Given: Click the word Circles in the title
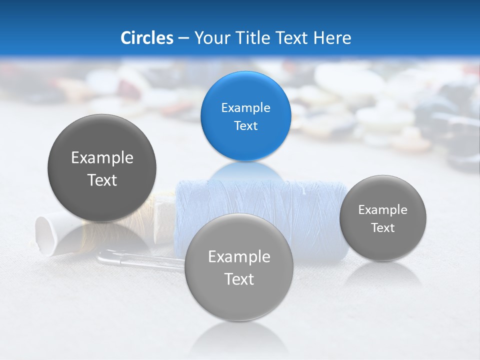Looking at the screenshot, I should [x=146, y=38].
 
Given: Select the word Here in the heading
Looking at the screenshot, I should [x=332, y=38].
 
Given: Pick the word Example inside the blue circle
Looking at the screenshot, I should [x=245, y=108].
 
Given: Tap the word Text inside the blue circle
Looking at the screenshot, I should [x=245, y=126].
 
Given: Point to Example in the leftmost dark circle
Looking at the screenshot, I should [x=102, y=158].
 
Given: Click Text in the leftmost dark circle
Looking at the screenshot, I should [x=102, y=180].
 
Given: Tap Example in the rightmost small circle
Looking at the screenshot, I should [x=382, y=210].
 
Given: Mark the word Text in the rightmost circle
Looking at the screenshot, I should [x=382, y=228].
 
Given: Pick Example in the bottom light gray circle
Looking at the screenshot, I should [x=239, y=257].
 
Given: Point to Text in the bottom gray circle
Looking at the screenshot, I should [x=239, y=279].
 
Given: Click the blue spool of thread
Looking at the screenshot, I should [x=310, y=210].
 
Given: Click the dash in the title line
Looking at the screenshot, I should [x=183, y=38].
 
